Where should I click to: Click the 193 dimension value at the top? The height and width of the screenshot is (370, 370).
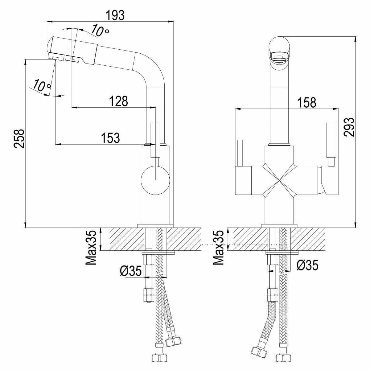(115, 15)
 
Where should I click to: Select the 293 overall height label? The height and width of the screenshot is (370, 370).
(349, 127)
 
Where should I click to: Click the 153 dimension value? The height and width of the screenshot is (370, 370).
(110, 138)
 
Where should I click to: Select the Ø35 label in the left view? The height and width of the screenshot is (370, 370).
(131, 271)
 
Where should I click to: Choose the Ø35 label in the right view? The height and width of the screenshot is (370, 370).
(307, 265)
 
